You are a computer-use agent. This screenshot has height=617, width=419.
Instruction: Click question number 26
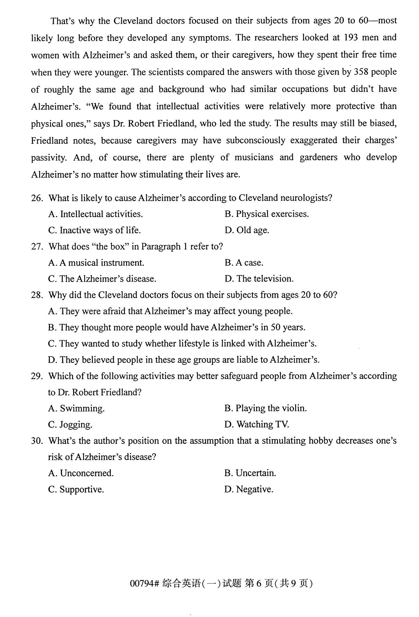point(37,198)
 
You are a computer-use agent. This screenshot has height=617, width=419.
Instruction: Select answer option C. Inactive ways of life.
point(94,230)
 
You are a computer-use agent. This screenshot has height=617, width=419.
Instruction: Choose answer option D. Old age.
point(247,230)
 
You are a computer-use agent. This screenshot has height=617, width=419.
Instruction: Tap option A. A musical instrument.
point(96,263)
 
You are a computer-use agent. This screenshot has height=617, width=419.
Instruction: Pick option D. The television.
point(259,279)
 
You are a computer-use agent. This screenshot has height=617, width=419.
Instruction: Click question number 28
point(37,295)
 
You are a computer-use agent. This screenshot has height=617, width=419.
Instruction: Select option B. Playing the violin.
point(265,408)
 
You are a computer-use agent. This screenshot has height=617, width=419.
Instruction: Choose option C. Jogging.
point(70,425)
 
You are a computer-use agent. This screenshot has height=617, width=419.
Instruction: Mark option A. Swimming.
point(76,409)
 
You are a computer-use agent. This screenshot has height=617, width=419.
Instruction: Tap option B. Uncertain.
point(250,473)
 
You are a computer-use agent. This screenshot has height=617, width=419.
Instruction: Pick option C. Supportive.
point(76,489)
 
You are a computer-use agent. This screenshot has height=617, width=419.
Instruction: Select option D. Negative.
point(249,489)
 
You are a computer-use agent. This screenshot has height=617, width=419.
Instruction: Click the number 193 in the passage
point(351,37)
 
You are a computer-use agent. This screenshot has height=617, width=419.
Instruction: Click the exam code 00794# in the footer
point(144,584)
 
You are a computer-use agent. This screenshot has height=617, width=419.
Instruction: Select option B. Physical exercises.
point(267,214)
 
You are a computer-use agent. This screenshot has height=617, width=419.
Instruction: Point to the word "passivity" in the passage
point(48,158)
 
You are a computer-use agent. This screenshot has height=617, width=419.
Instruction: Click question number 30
point(37,441)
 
